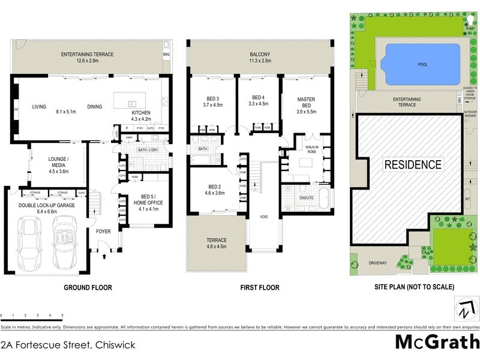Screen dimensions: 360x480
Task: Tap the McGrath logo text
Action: coord(437,343)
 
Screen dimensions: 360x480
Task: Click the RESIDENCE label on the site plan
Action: coord(413,164)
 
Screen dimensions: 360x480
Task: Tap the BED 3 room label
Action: coord(213,101)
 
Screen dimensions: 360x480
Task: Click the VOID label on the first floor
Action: coord(263,217)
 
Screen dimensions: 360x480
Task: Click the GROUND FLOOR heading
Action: coord(88,288)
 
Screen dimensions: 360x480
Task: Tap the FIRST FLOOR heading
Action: coord(260,288)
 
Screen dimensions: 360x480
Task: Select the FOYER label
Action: coord(103,230)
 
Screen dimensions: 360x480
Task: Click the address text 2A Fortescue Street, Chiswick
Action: coord(68,345)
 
